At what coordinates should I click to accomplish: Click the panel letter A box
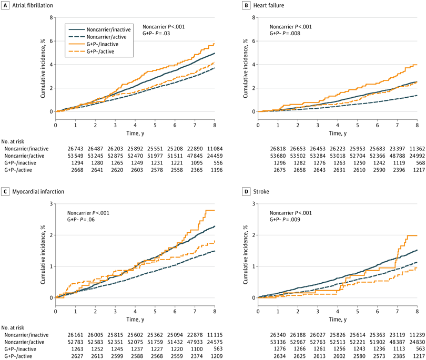point(5,5)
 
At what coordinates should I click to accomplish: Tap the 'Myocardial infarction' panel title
point(39,191)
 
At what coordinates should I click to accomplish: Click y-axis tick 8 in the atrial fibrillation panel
point(50,17)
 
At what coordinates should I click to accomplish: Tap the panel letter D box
point(247,191)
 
